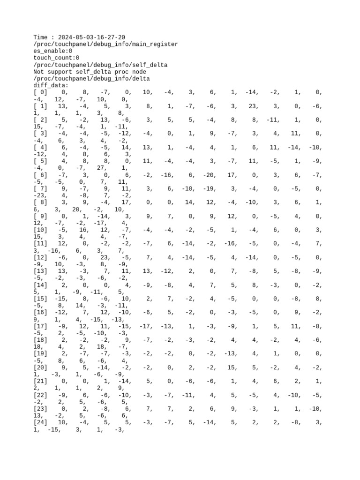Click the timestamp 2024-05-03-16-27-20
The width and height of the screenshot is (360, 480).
pos(91,37)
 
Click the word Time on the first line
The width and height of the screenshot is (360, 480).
pos(41,37)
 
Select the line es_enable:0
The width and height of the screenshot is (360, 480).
pos(52,51)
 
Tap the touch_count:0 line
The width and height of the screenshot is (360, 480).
pos(56,58)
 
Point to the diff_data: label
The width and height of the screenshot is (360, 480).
pos(51,86)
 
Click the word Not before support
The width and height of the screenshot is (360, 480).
pos(39,72)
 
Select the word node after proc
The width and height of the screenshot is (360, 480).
pos(138,72)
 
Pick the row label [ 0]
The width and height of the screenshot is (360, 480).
pos(40,93)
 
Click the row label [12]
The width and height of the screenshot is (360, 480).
pos(40,257)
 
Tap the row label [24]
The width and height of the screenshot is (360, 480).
pos(40,422)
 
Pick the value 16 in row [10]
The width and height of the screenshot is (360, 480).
pos(84,230)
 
